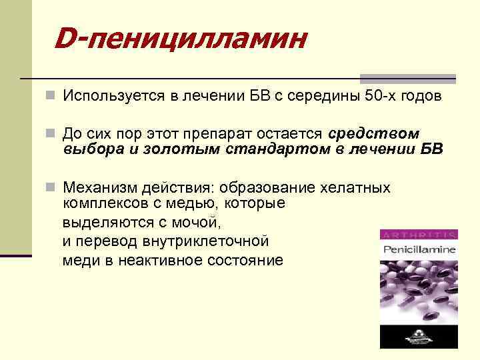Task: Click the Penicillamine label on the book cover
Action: tap(418, 250)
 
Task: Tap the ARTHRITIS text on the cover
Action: tap(418, 235)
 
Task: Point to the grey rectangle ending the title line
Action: tap(409, 79)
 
